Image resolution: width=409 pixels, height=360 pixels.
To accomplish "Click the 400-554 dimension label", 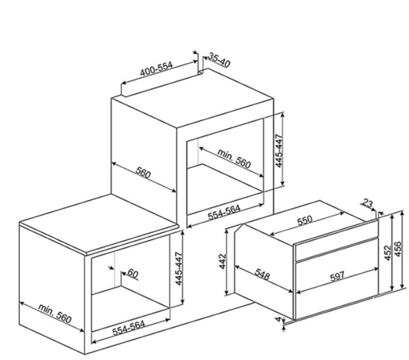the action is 156,69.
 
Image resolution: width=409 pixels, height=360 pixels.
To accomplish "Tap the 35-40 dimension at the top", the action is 219,60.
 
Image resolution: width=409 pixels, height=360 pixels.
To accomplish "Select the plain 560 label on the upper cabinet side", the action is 143,172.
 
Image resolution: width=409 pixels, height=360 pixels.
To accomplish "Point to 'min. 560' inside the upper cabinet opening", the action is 234,158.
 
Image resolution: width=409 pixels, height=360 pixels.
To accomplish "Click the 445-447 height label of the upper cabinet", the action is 279,151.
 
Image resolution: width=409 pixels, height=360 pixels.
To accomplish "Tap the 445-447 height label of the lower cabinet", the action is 179,268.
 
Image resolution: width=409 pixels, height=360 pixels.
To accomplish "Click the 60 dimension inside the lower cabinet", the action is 133,273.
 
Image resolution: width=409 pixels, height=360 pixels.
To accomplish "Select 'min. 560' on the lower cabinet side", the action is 55,313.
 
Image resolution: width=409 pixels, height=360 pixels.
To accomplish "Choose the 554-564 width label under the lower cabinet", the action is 128,328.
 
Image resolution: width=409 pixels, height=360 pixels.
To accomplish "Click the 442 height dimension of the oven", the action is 222,261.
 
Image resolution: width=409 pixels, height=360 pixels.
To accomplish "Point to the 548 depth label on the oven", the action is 262,275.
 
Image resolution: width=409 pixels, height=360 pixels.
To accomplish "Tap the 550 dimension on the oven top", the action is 305,220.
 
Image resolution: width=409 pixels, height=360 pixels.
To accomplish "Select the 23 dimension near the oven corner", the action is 367,203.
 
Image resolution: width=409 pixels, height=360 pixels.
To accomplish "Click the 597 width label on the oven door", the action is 337,276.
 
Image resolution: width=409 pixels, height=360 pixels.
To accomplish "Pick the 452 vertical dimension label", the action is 388,253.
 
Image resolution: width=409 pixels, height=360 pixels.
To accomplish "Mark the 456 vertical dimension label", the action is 398,249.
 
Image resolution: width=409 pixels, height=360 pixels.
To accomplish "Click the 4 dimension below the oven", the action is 279,319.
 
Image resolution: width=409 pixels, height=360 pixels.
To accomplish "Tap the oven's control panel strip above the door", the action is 337,249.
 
